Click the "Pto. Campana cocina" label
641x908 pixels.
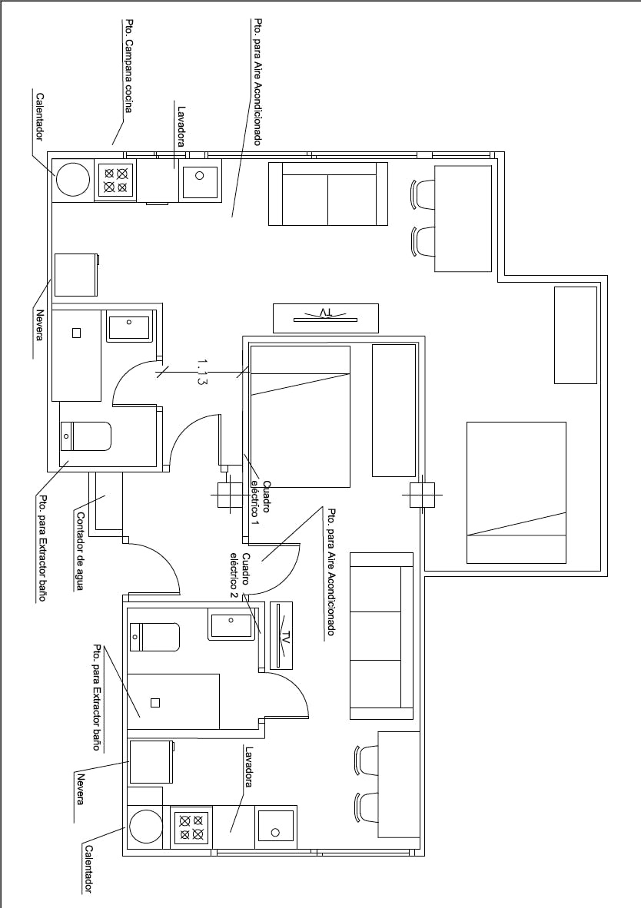pyautogui.click(x=128, y=67)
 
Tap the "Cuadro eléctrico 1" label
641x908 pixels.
pyautogui.click(x=261, y=503)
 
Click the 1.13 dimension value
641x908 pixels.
pyautogui.click(x=201, y=372)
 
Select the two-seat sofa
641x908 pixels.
pyautogui.click(x=328, y=194)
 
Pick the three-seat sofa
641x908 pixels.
pyautogui.click(x=381, y=636)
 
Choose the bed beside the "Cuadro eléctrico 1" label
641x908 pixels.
pyautogui.click(x=301, y=416)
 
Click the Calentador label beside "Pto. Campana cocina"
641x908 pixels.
pyautogui.click(x=40, y=117)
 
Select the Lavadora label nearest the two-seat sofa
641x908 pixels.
pyautogui.click(x=181, y=126)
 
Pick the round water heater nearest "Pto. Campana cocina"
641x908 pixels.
pyautogui.click(x=73, y=179)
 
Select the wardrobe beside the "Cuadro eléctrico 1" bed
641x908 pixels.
pyautogui.click(x=394, y=410)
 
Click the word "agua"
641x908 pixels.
pyautogui.click(x=80, y=579)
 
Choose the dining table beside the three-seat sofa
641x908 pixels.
pyautogui.click(x=399, y=784)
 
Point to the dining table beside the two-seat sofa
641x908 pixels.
pyautogui.click(x=463, y=218)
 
